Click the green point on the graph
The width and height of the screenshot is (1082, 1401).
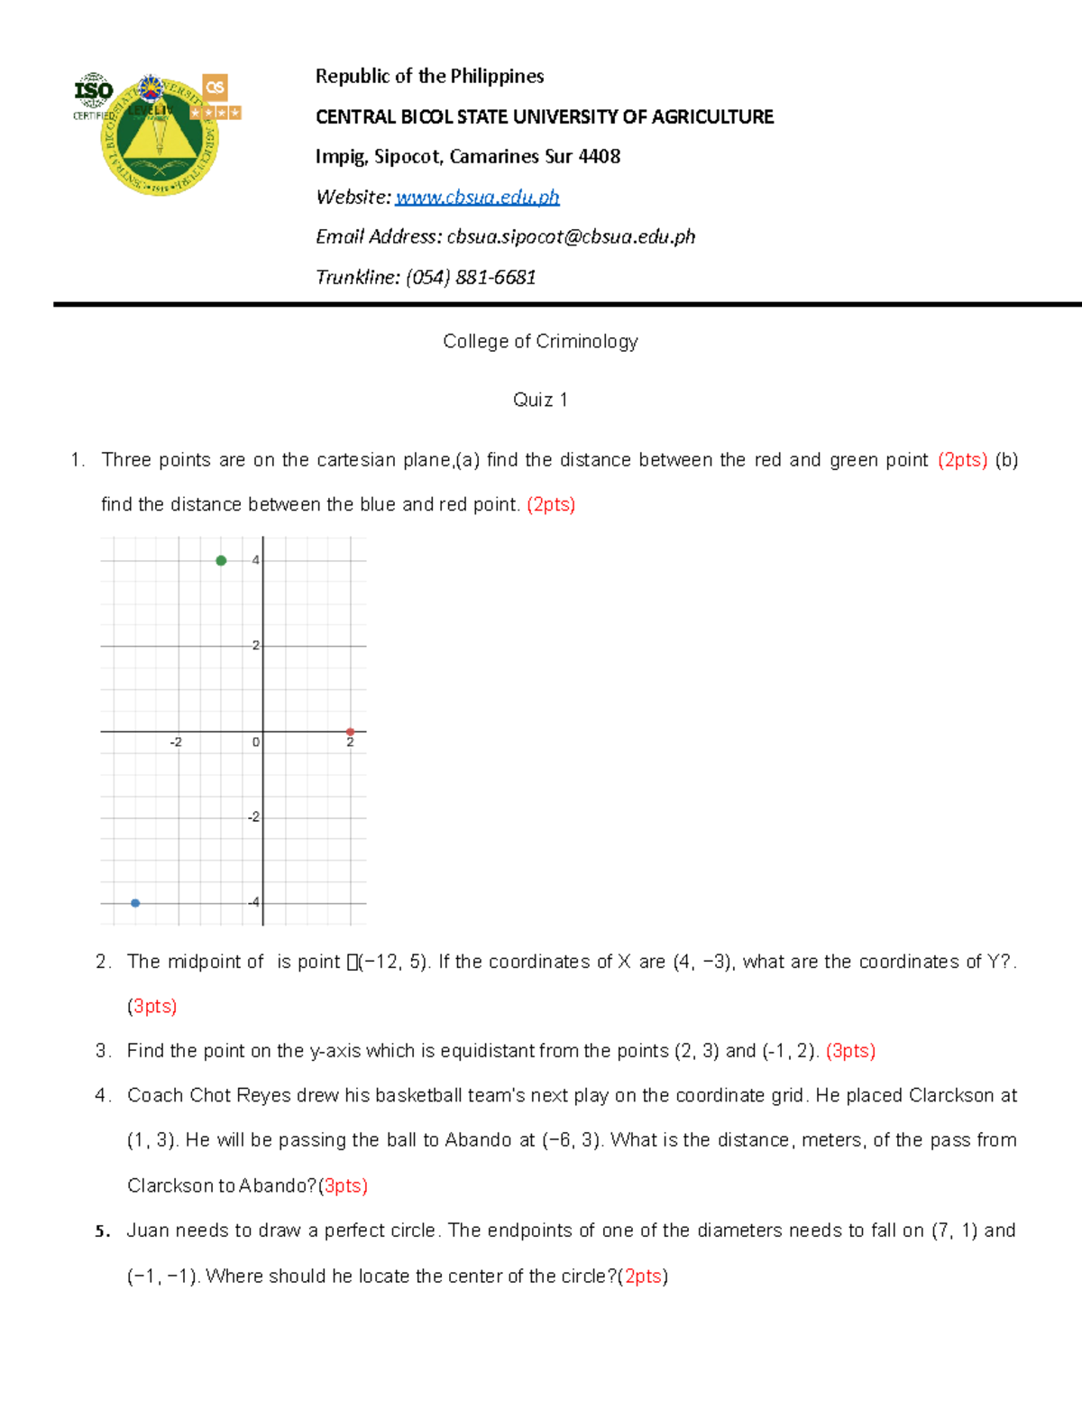tap(221, 561)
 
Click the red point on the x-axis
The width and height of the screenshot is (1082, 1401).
tap(350, 732)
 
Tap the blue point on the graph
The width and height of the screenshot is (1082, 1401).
tap(135, 903)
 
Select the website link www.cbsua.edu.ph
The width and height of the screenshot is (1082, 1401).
tap(477, 197)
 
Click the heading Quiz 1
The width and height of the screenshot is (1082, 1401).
tap(540, 400)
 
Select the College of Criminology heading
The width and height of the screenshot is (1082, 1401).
tap(540, 341)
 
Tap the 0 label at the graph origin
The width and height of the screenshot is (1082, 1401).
tap(256, 742)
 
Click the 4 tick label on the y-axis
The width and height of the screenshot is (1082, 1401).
tap(256, 560)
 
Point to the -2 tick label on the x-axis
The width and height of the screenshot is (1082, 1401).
tap(175, 742)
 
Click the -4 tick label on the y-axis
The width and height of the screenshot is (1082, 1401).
tap(254, 902)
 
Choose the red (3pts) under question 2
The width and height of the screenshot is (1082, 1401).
tap(151, 1006)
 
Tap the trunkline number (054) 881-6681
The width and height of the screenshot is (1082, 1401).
tap(471, 277)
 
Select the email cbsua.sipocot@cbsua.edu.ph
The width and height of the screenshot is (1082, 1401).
tap(571, 236)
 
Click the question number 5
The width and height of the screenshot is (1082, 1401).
tap(102, 1231)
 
